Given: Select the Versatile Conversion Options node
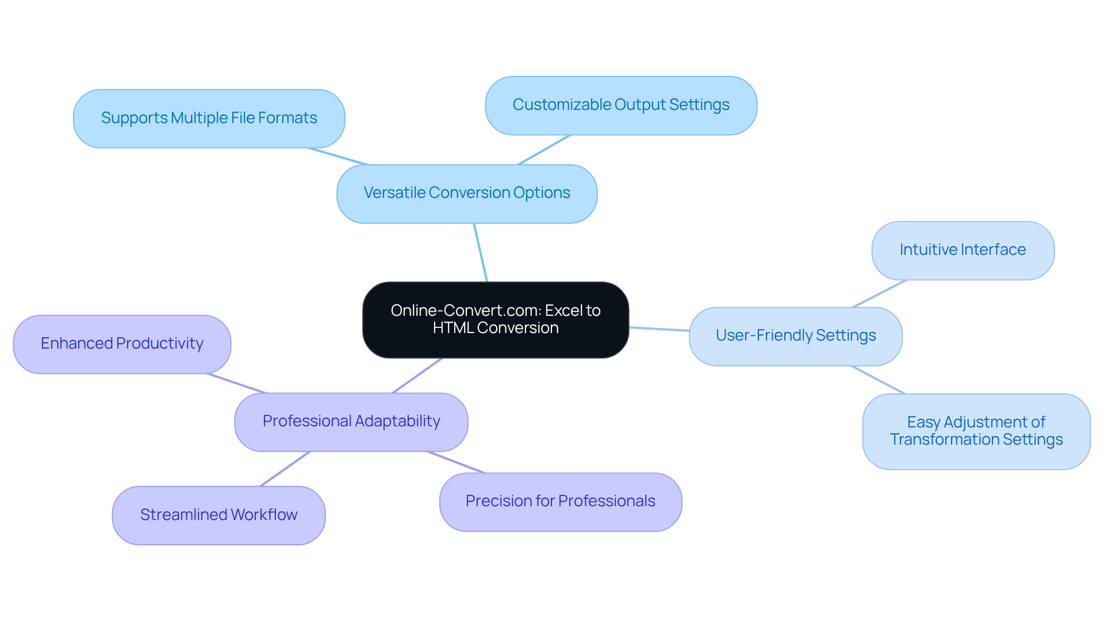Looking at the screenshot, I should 466,193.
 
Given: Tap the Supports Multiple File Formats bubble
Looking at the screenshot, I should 209,119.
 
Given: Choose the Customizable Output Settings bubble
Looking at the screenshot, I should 620,105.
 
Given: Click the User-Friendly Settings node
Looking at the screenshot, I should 795,336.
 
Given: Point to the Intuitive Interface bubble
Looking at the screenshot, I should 963,250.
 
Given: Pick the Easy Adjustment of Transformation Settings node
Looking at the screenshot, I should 976,431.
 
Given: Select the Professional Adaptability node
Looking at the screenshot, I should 351,422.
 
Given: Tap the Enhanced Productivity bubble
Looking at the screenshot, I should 122,344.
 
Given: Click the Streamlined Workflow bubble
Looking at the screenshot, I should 218,515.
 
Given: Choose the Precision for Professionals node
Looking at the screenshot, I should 560,502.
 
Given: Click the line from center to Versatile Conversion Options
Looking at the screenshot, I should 481,253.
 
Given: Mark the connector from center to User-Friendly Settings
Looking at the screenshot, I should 659,329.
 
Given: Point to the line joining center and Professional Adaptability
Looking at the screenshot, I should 417,376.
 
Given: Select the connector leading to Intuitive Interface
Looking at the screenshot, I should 880,293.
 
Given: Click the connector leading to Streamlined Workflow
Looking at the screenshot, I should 285,469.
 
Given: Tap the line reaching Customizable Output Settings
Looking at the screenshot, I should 544,150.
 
